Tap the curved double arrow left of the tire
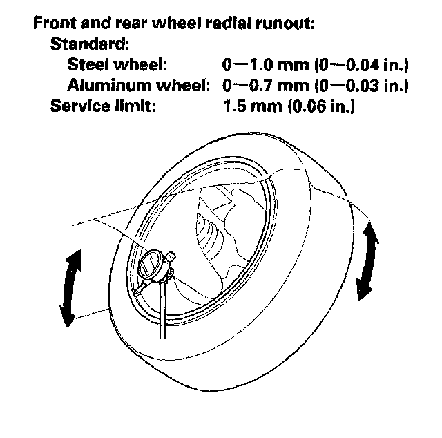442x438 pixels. [x=69, y=288]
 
